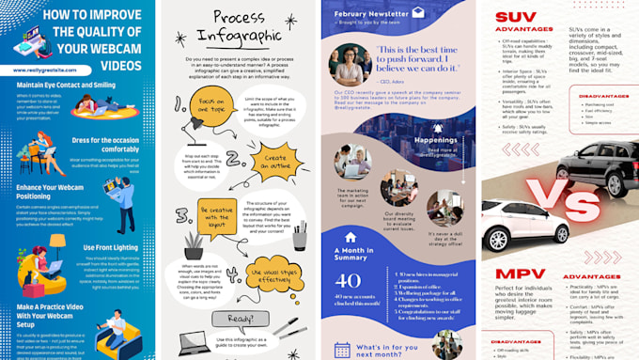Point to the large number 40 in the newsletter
click(x=348, y=281)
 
